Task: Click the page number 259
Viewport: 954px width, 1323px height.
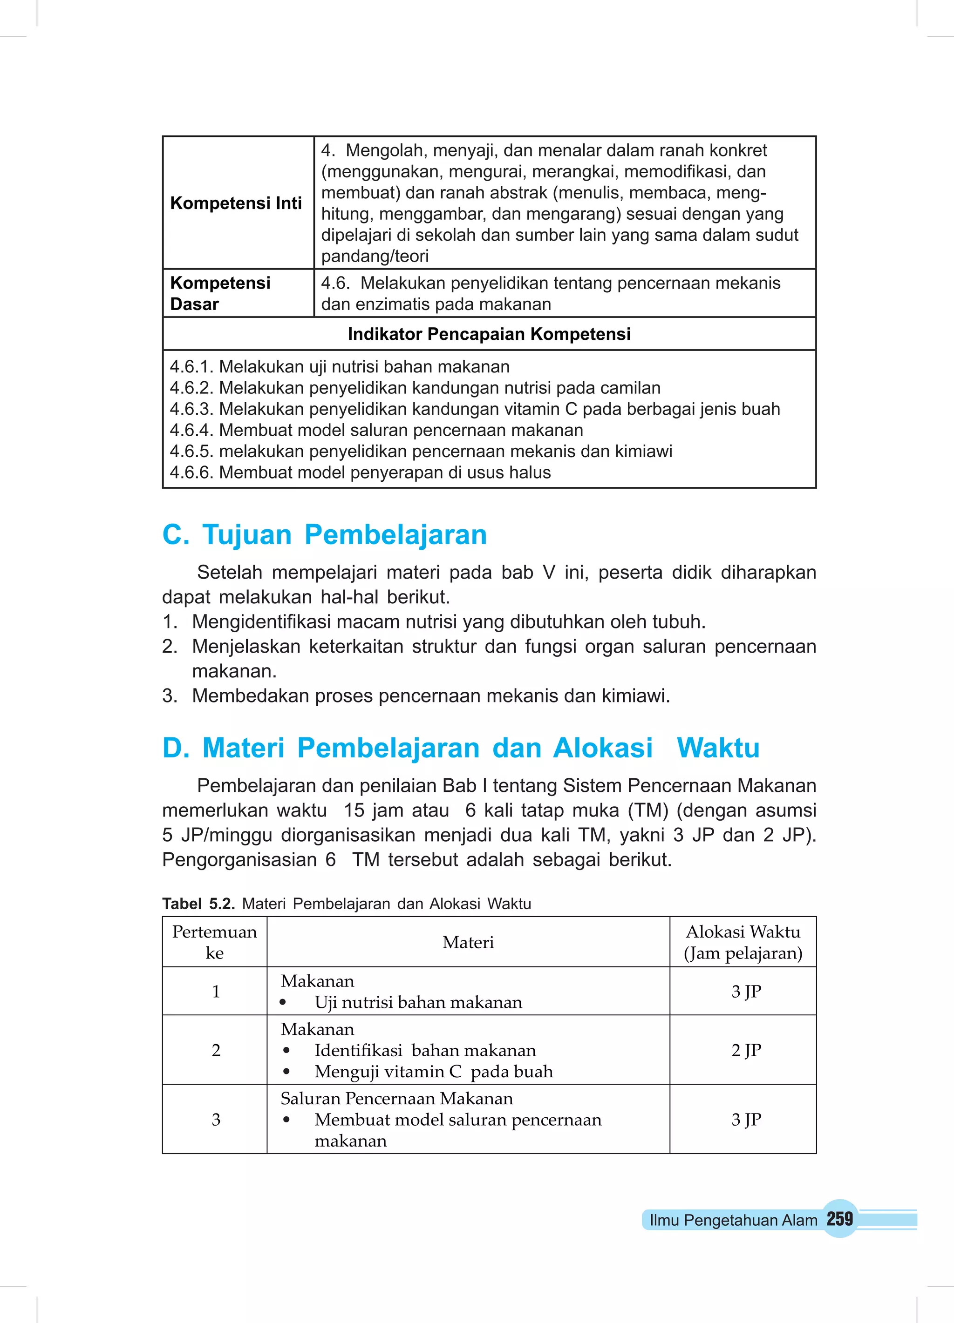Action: [x=839, y=1219]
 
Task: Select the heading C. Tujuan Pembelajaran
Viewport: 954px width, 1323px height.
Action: [x=325, y=534]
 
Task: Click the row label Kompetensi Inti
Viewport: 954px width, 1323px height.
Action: [x=236, y=203]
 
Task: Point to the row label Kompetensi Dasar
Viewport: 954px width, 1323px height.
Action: [x=220, y=293]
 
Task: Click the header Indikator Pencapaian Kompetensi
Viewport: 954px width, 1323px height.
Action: [x=489, y=334]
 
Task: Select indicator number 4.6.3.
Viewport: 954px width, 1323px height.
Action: [x=192, y=409]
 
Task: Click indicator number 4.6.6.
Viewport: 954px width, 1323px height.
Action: [x=192, y=472]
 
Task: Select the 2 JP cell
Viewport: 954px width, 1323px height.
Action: [x=746, y=1050]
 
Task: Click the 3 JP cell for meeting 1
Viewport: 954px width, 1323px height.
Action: [x=746, y=991]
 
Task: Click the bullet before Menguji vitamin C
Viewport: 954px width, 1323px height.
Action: [x=286, y=1072]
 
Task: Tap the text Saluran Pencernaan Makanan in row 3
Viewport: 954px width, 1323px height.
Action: [x=396, y=1099]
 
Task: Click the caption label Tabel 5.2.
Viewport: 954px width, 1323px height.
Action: [x=198, y=904]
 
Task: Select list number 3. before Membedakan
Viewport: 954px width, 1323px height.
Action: [x=170, y=695]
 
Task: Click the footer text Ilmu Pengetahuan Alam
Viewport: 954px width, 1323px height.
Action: [x=733, y=1220]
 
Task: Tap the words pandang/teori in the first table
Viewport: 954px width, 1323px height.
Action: [x=375, y=256]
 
